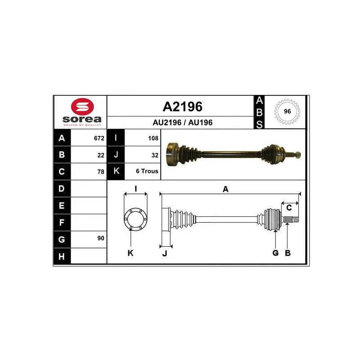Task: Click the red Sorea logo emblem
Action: tap(82, 107)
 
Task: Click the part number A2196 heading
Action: tap(183, 107)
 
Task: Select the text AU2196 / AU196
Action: tap(183, 122)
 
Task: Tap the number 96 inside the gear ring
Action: tap(287, 111)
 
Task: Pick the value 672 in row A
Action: tap(99, 138)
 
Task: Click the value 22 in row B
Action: tap(101, 155)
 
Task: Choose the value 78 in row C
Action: tap(101, 172)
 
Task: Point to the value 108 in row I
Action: tap(153, 138)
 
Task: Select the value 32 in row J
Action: tap(155, 155)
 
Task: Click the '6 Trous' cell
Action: tap(147, 171)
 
